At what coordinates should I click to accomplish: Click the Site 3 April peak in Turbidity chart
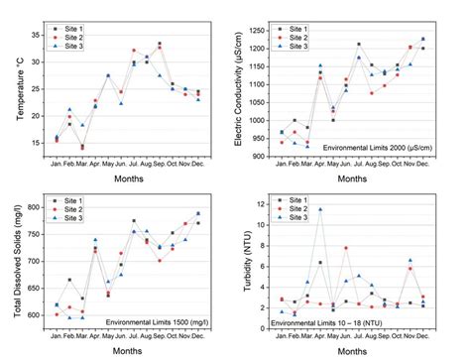319,209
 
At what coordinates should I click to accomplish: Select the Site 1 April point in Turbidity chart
319,263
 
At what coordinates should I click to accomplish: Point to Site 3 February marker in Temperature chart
69,110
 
